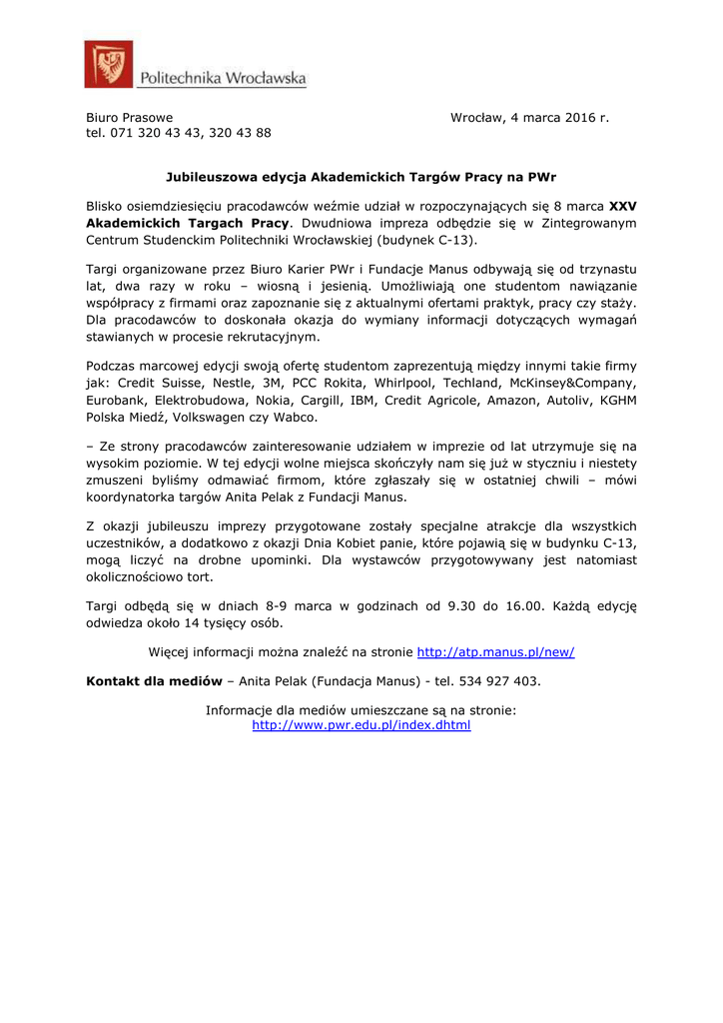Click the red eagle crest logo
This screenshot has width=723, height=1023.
(x=109, y=65)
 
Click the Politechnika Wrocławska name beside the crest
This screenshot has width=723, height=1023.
(x=223, y=78)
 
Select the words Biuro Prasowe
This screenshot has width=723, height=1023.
(x=129, y=118)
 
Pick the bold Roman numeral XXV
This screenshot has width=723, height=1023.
(x=622, y=206)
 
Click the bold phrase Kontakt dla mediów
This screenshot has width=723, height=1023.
(x=154, y=680)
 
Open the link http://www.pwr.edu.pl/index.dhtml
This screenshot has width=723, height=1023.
(x=361, y=724)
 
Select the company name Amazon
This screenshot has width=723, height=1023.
(x=511, y=399)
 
